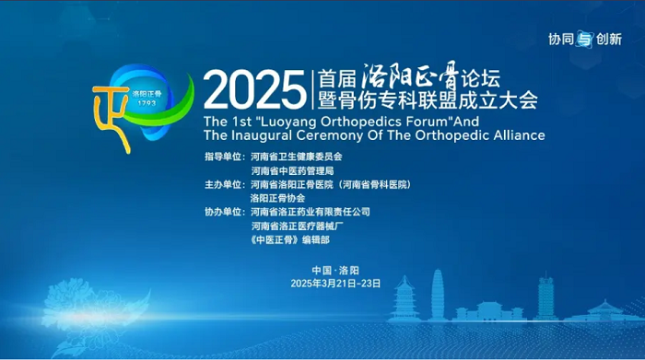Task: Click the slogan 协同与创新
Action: (585, 39)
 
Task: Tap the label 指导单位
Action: (225, 157)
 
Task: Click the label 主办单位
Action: (225, 184)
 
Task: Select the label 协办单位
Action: (225, 211)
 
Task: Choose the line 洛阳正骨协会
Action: (276, 197)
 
